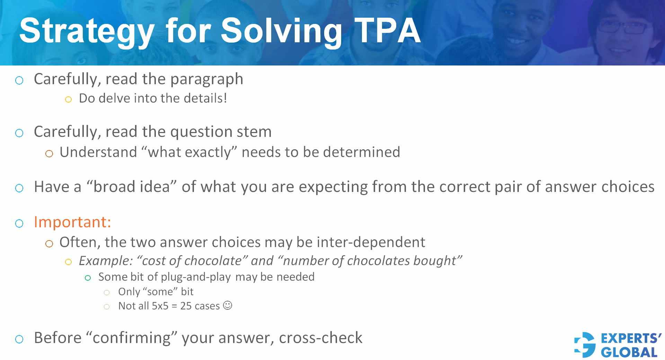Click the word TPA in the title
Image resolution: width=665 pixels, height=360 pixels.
point(387,31)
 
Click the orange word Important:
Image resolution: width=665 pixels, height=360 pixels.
point(72,222)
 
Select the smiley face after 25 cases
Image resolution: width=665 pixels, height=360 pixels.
point(228,305)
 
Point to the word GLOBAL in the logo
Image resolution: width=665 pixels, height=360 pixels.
point(629,352)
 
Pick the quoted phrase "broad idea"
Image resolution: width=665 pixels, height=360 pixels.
point(132,187)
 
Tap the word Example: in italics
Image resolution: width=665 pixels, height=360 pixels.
point(106,261)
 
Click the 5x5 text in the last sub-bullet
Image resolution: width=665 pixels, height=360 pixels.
point(160,306)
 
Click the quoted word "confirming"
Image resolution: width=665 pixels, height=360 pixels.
point(132,338)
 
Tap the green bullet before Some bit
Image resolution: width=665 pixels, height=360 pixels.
point(88,278)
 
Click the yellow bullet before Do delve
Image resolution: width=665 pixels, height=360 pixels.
point(68,100)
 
